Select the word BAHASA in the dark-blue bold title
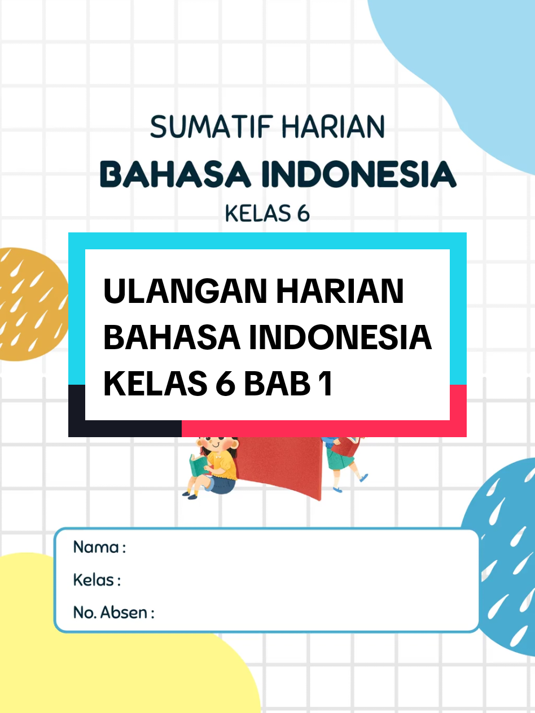(x=175, y=175)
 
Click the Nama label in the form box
(x=95, y=547)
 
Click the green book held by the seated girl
(x=198, y=465)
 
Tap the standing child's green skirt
(x=341, y=459)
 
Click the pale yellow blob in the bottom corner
(x=113, y=671)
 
